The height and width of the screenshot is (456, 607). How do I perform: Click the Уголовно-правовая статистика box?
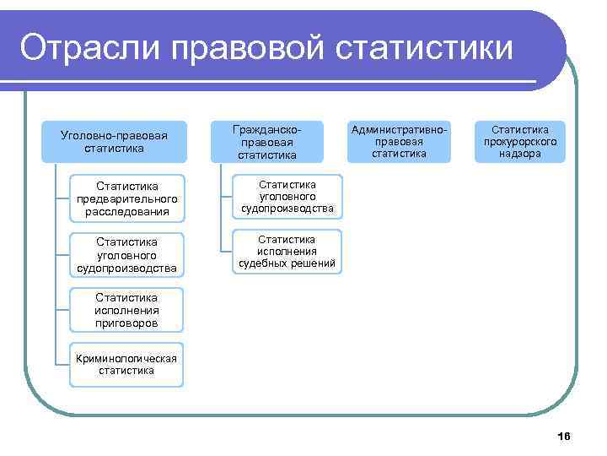[x=115, y=142]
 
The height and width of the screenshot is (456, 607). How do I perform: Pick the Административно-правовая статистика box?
[x=400, y=141]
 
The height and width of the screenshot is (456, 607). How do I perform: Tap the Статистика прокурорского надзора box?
[x=520, y=141]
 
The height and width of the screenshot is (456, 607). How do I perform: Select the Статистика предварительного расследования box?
[x=126, y=198]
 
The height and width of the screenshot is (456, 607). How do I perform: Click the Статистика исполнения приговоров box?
[x=126, y=311]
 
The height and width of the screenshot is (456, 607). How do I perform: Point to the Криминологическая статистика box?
[x=126, y=364]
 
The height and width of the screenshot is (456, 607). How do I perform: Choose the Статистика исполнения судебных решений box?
[x=287, y=252]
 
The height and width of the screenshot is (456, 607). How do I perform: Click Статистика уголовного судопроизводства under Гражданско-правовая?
[x=287, y=196]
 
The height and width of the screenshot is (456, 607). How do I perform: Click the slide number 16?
[x=564, y=436]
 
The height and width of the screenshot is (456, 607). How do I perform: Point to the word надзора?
[x=520, y=154]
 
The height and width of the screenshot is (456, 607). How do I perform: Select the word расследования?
[x=126, y=211]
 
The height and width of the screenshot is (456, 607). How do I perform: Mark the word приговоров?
[x=126, y=323]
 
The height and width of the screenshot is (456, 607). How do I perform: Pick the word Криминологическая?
[x=126, y=358]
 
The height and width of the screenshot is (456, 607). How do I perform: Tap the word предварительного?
[x=126, y=198]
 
